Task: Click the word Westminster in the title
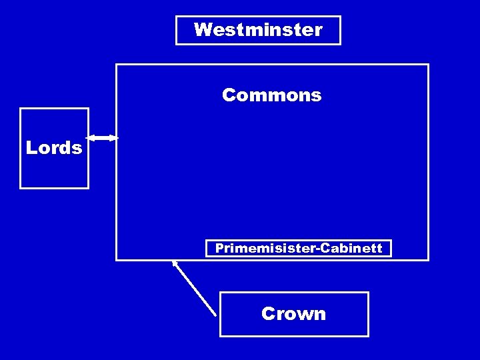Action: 258,30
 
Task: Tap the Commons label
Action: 271,96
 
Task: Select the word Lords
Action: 54,148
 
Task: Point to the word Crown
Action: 294,314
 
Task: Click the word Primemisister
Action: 267,249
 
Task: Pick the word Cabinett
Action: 351,249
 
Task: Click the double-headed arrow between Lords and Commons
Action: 103,138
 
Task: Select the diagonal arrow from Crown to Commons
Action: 195,288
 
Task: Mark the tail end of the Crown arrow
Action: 215,314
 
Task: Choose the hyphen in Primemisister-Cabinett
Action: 319,249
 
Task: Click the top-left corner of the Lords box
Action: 21,109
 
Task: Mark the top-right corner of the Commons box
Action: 428,65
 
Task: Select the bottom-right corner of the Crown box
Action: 368,335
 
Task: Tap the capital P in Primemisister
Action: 219,249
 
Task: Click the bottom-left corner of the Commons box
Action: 117,259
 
